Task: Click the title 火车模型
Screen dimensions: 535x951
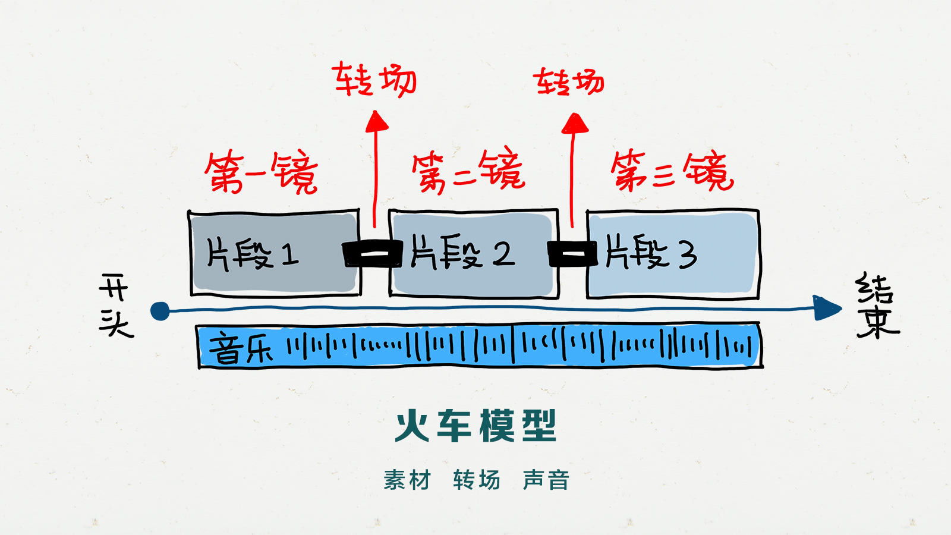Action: [475, 426]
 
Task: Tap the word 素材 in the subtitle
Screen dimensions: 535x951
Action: [407, 480]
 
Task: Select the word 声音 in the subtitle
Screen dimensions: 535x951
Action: [546, 480]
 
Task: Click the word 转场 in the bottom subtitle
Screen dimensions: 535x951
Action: [477, 480]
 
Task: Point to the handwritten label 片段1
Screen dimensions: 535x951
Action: [252, 254]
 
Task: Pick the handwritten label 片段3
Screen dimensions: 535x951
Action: [651, 253]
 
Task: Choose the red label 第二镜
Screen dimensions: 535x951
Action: [468, 171]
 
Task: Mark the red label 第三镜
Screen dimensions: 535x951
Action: [672, 171]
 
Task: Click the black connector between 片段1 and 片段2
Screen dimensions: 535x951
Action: [374, 254]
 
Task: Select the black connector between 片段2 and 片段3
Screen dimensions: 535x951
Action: [572, 254]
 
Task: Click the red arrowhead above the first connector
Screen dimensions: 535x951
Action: [376, 122]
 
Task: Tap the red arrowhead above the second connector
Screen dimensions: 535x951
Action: [574, 124]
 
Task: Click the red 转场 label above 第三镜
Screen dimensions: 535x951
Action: [569, 82]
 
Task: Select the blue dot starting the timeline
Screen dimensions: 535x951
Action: [160, 311]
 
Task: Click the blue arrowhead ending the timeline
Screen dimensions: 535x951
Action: [827, 308]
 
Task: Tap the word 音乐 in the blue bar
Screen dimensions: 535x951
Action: [241, 348]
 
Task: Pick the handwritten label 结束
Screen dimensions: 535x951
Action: [877, 306]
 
